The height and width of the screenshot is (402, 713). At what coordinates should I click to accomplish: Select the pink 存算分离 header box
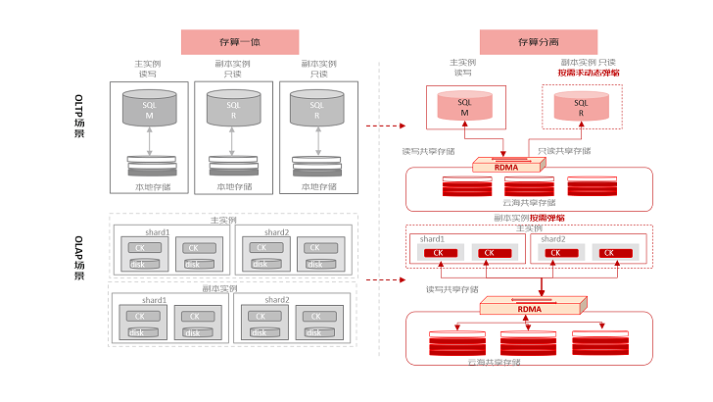(538, 41)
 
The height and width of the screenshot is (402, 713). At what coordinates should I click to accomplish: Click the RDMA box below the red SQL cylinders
(507, 166)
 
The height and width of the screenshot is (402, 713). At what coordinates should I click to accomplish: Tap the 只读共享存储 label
(564, 151)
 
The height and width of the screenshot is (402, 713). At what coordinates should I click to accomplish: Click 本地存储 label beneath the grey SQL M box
(151, 185)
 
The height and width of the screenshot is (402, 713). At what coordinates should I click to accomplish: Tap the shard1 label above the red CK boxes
(433, 239)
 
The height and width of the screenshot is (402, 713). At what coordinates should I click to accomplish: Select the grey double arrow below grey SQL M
(150, 142)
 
